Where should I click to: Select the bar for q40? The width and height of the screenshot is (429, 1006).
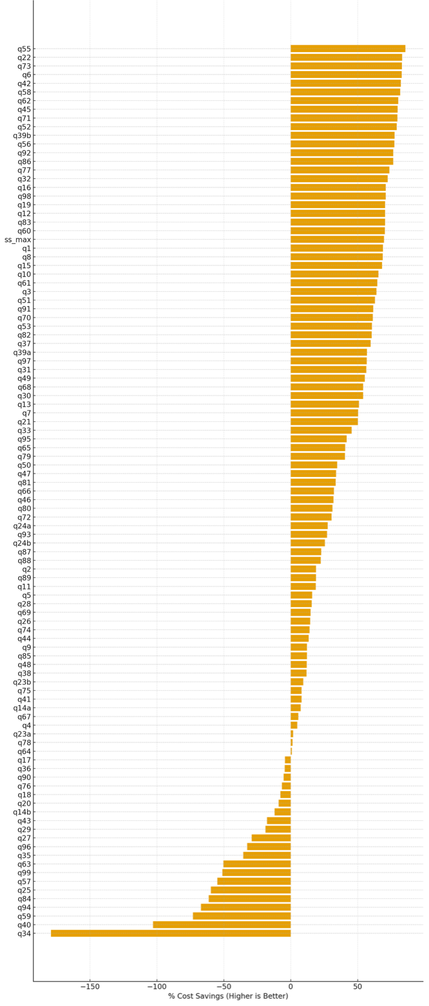click(222, 924)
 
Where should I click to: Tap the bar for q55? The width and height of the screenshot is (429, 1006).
click(347, 49)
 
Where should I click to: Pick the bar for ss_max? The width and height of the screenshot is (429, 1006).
click(337, 240)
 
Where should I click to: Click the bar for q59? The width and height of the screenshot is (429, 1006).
click(242, 916)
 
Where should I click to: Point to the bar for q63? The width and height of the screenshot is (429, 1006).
click(257, 864)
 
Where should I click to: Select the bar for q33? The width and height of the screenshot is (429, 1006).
click(321, 430)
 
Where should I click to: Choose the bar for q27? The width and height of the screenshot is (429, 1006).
click(271, 838)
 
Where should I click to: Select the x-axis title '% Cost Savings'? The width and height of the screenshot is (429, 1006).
click(228, 996)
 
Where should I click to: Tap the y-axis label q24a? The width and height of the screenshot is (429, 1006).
click(22, 526)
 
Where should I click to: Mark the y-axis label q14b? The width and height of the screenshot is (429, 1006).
click(22, 812)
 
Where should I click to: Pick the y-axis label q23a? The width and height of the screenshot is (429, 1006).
click(22, 734)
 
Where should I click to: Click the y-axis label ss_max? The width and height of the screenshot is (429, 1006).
click(18, 240)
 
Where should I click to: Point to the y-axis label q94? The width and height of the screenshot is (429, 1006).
click(24, 907)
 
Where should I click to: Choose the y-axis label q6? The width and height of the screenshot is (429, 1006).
click(26, 75)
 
